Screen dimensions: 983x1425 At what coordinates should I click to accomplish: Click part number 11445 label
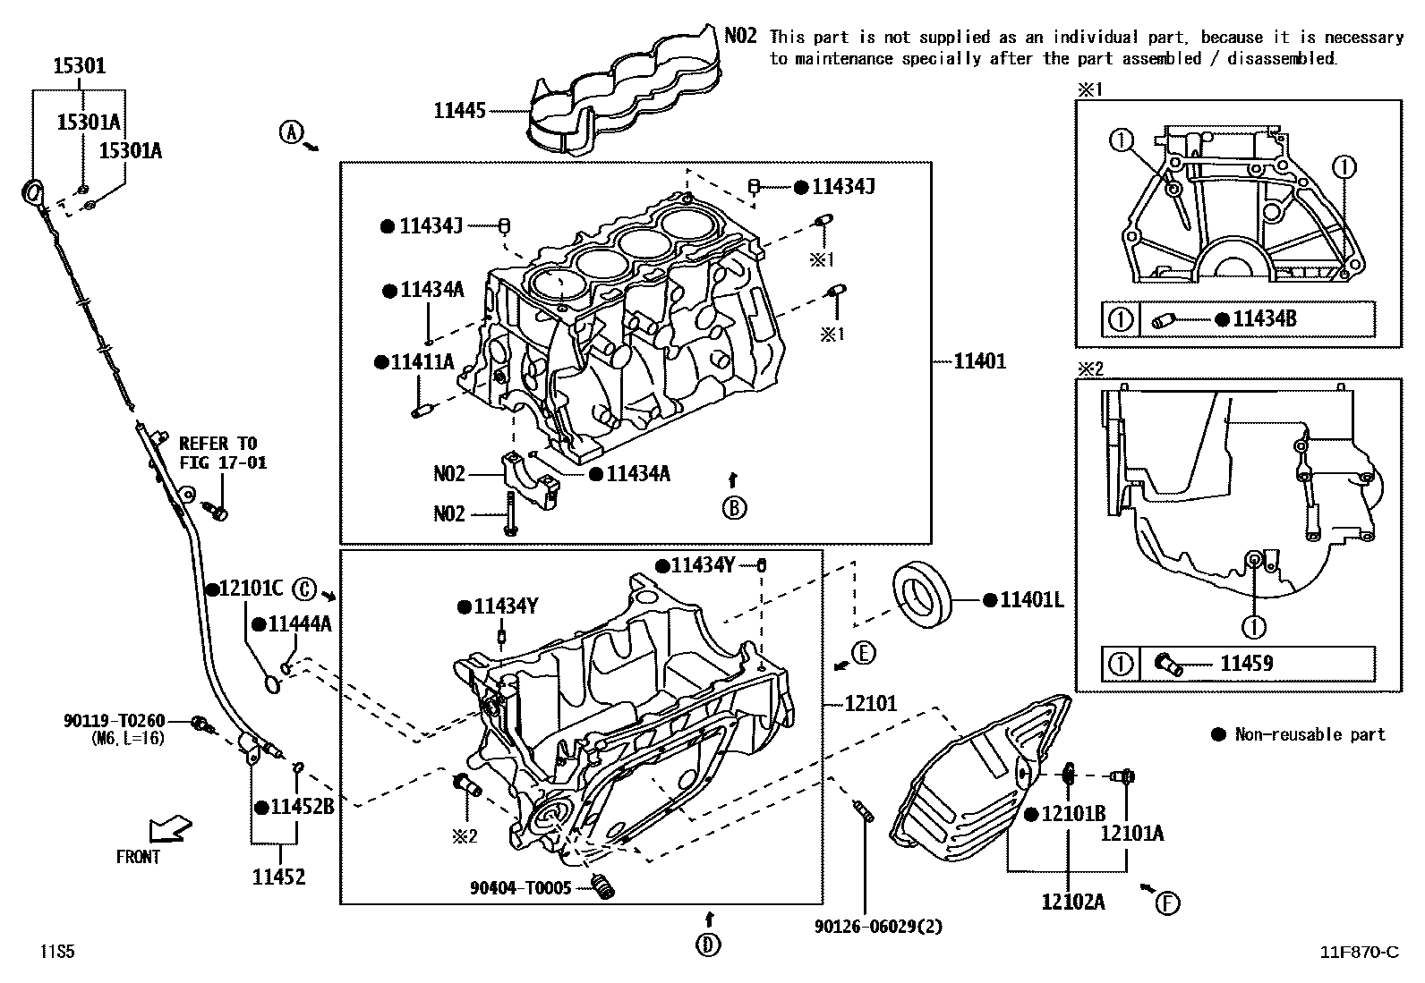click(x=459, y=111)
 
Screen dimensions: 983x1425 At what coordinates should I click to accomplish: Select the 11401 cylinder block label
click(x=979, y=361)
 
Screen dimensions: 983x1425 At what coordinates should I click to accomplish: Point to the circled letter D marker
click(x=708, y=945)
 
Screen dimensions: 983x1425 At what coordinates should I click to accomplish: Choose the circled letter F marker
click(x=1166, y=903)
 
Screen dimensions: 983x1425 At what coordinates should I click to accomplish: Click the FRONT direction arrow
click(x=170, y=828)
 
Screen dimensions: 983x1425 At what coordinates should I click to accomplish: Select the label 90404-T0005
click(x=520, y=888)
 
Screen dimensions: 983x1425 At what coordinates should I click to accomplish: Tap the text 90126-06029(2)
click(x=878, y=927)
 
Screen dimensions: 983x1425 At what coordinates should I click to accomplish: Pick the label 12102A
click(x=1072, y=902)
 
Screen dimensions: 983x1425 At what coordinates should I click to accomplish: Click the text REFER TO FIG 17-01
click(x=222, y=453)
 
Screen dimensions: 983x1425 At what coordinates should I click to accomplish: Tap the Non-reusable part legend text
click(x=1309, y=734)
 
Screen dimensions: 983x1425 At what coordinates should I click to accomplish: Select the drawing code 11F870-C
click(x=1359, y=952)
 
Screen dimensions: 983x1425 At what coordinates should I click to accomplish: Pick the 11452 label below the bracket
click(x=278, y=877)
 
